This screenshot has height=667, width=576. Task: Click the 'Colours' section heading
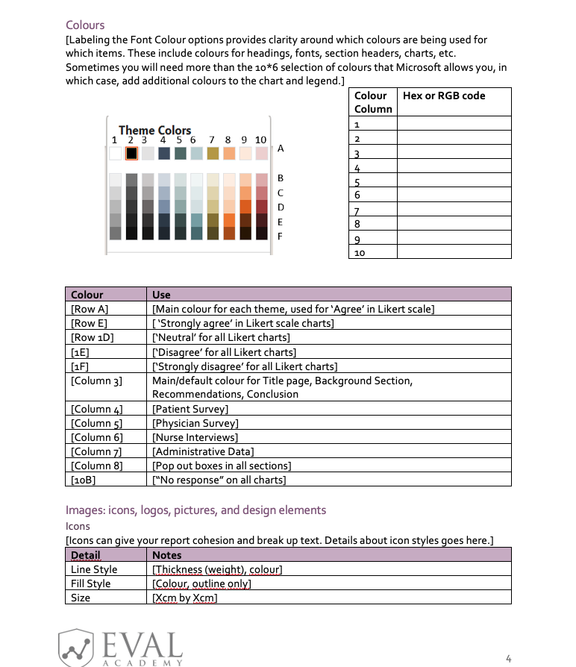[85, 25]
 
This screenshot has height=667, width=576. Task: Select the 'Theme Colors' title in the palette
[154, 130]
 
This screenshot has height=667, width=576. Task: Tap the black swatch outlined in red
[131, 153]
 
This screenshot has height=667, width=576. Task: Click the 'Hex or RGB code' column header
[443, 95]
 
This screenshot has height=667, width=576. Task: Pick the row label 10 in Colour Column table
[360, 253]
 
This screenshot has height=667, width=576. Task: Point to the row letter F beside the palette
[281, 236]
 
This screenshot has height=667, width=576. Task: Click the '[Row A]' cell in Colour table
[89, 309]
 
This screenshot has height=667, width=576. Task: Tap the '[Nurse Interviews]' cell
[195, 437]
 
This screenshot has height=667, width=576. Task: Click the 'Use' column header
[161, 295]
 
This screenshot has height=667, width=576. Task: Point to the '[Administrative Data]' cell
[203, 451]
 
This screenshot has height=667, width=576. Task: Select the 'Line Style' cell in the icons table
[93, 569]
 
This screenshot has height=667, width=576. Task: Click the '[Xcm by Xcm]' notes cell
[184, 598]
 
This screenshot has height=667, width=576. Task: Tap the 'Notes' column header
[166, 555]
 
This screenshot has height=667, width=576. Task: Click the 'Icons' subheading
[78, 526]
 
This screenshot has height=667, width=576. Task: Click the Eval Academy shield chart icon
[76, 646]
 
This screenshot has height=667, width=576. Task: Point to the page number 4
[508, 658]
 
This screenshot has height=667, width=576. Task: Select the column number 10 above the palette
[260, 140]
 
